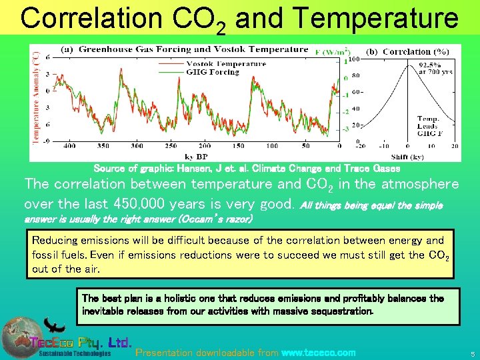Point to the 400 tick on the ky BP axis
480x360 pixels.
[x=69, y=145]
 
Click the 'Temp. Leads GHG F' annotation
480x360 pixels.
[x=427, y=125]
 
